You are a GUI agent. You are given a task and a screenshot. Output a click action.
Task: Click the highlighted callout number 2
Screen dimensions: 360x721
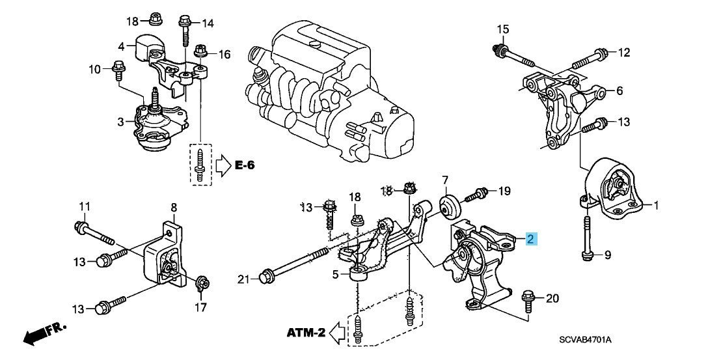point(532,240)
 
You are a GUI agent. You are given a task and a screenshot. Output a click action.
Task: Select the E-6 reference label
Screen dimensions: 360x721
point(245,167)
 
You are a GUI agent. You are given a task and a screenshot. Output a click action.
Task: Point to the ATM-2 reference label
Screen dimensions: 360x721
point(305,333)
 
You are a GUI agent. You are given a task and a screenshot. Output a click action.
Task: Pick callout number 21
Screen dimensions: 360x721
point(243,279)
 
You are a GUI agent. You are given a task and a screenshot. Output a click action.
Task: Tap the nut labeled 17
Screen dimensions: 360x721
point(201,283)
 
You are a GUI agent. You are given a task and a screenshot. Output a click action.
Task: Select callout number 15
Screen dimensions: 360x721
point(502,29)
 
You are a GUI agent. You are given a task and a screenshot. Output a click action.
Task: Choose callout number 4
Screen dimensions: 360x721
point(121,47)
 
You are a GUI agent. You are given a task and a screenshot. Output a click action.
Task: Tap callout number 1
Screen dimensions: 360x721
point(657,206)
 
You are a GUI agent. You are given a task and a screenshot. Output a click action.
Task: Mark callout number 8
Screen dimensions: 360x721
point(174,208)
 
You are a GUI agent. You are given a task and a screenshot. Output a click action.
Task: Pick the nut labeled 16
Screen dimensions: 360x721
point(201,50)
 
